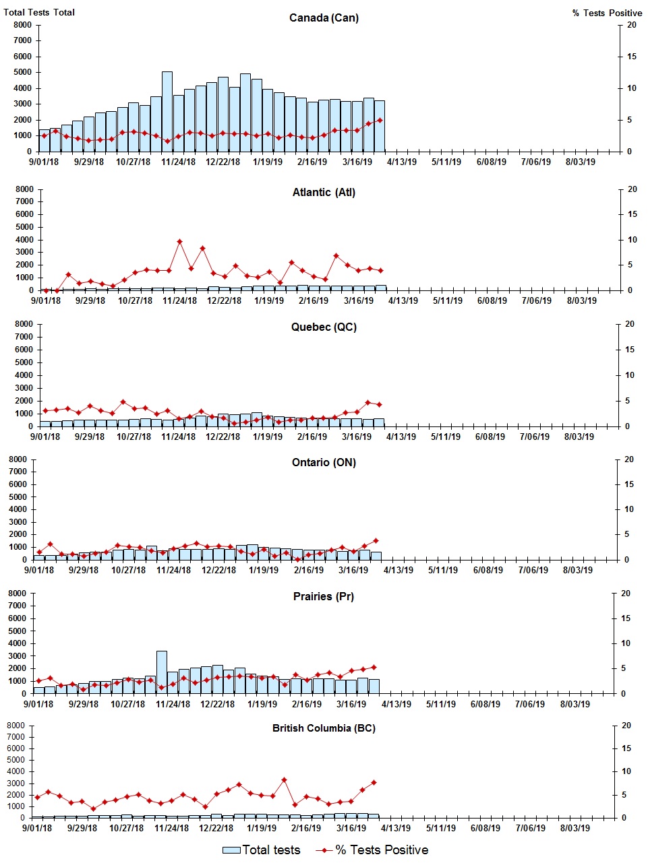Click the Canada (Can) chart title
click(x=324, y=18)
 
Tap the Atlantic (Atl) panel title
click(x=324, y=192)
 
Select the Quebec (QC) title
click(x=324, y=327)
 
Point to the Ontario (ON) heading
click(x=324, y=462)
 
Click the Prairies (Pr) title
click(x=324, y=596)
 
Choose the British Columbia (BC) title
click(x=324, y=728)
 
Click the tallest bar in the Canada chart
click(x=167, y=111)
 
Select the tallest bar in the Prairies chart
click(x=162, y=672)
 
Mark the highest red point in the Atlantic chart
click(x=179, y=241)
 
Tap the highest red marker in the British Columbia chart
click(x=284, y=779)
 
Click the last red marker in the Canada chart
click(x=380, y=120)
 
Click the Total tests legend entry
click(x=262, y=850)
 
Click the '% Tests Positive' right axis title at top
click(x=607, y=13)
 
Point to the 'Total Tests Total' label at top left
click(x=39, y=12)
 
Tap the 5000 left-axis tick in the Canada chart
click(x=22, y=72)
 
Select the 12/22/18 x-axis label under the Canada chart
click(x=223, y=162)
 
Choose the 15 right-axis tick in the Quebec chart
click(x=630, y=350)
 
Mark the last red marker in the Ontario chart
click(x=376, y=540)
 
